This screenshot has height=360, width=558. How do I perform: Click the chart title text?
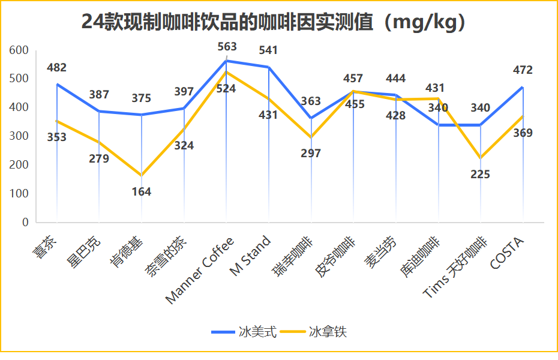(274, 22)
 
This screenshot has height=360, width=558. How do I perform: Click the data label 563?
(227, 47)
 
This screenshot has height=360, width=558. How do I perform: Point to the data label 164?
(142, 192)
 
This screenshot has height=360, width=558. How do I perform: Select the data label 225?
(481, 175)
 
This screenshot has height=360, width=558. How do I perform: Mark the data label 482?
(57, 68)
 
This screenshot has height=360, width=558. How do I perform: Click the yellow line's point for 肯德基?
(142, 175)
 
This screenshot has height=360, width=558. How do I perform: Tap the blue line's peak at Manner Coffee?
(226, 61)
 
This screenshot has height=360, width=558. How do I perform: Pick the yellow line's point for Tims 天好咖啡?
(481, 158)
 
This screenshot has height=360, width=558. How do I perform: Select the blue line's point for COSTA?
(523, 87)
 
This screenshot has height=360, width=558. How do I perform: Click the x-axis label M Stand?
(251, 257)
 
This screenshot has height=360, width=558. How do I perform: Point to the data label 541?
(268, 50)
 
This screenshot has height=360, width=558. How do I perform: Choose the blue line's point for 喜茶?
(57, 84)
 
